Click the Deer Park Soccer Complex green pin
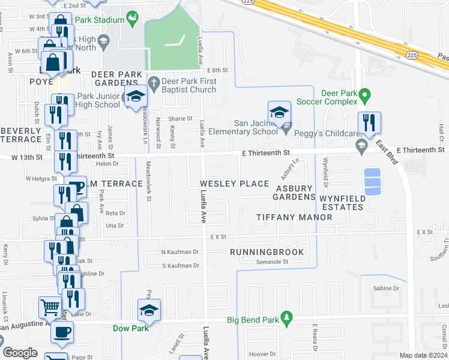pyautogui.click(x=363, y=95)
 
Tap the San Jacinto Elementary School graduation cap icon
pyautogui.click(x=279, y=112)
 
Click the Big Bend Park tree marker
pyautogui.click(x=287, y=316)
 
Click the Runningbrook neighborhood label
pyautogui.click(x=267, y=252)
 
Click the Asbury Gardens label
pyautogui.click(x=295, y=192)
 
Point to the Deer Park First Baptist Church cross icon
pyautogui.click(x=153, y=82)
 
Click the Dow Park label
pyautogui.click(x=130, y=328)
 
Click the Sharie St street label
pyautogui.click(x=180, y=119)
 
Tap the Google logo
pyautogui.click(x=20, y=353)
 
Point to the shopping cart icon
pyautogui.click(x=50, y=308)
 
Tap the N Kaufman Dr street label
pyautogui.click(x=180, y=252)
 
